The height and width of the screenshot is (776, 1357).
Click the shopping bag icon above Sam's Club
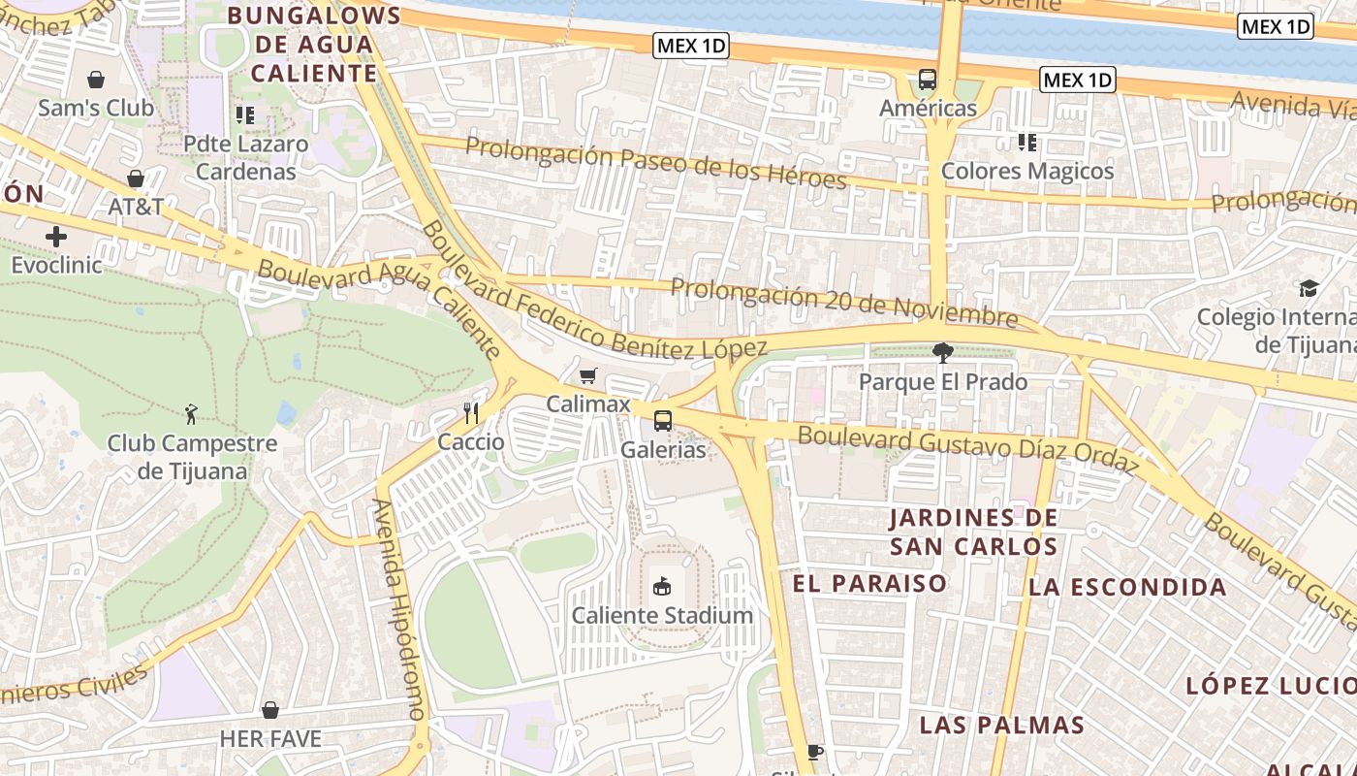96,80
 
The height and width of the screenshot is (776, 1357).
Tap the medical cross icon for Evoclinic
56,236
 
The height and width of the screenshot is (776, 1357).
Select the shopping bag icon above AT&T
136,178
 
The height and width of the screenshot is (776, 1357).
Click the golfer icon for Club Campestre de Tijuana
192,415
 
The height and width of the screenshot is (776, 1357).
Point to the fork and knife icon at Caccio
471,413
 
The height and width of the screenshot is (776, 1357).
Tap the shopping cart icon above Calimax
587,375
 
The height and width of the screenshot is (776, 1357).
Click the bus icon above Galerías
663,421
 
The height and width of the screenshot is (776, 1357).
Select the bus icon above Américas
928,80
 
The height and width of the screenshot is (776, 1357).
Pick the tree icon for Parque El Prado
942,353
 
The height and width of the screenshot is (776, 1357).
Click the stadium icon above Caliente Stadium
662,586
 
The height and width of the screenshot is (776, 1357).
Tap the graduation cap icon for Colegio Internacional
1309,289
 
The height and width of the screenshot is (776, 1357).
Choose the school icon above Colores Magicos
1027,144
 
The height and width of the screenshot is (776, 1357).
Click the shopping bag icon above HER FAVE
270,710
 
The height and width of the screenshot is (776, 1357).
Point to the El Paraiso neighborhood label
869,583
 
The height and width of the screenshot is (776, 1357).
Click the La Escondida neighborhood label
1127,587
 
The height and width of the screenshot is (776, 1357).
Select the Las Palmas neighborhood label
1001,725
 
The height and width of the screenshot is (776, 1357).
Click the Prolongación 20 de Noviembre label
843,303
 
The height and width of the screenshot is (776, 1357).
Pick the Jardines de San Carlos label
974,532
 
